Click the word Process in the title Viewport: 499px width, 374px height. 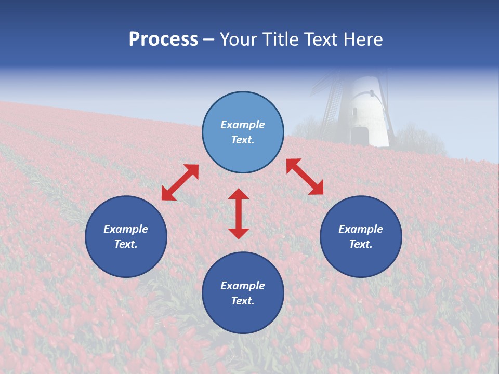coord(163,39)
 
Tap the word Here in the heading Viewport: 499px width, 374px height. coord(363,39)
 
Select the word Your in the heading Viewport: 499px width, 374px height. coord(239,39)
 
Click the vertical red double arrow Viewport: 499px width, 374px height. coord(239,213)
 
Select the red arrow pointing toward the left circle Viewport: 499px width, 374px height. coord(180,182)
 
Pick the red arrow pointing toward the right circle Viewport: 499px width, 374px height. coord(305,177)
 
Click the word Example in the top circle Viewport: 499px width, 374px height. coord(243,125)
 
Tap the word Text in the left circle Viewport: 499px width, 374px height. coord(126,244)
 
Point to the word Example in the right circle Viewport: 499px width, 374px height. coord(361,229)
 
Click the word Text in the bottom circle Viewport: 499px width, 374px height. coord(243,301)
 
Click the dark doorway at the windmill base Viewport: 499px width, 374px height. coord(359,137)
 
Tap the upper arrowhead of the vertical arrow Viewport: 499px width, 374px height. coord(239,194)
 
